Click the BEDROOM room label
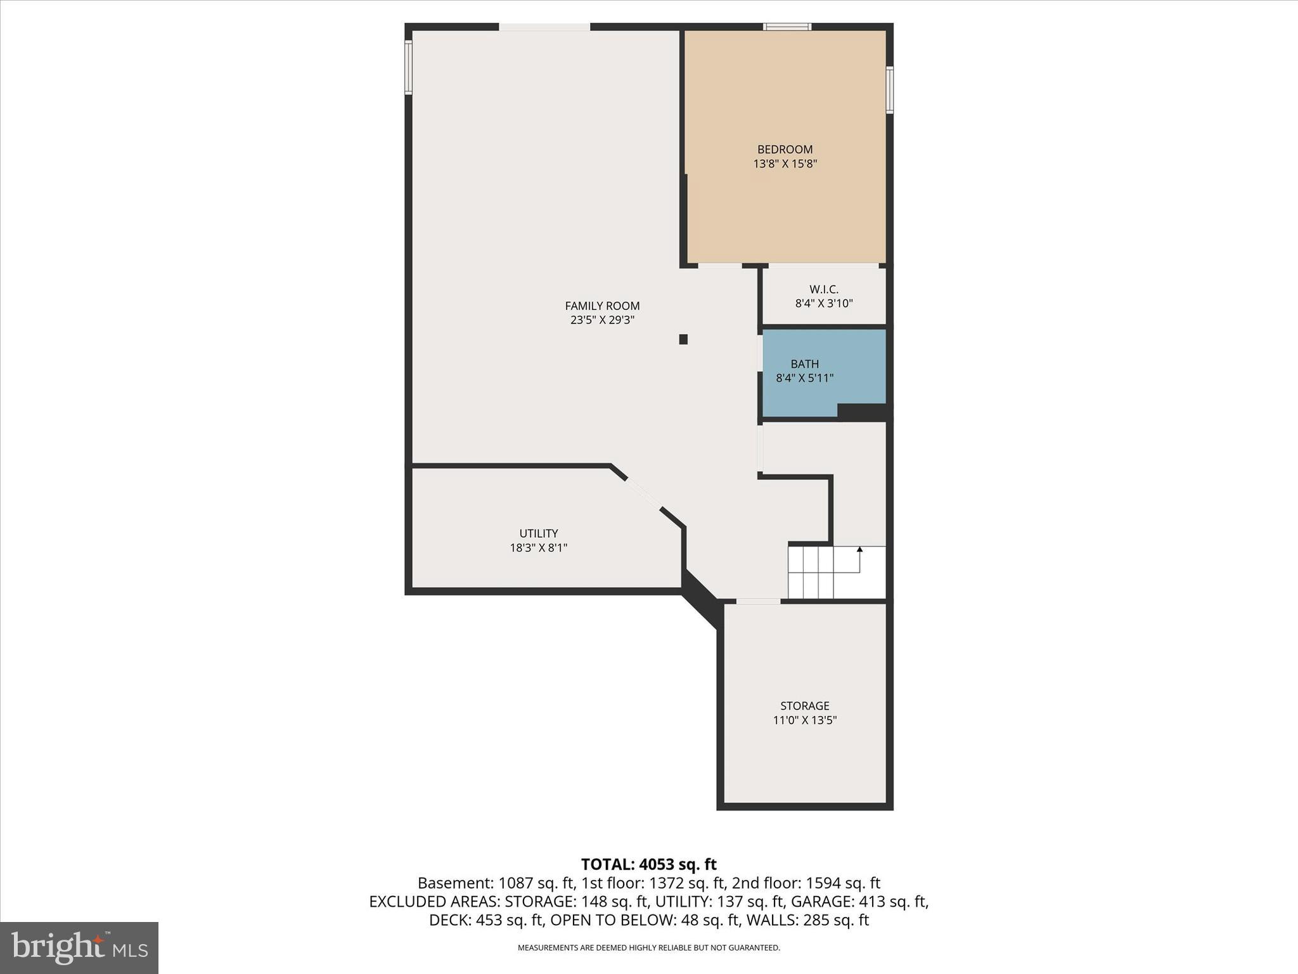tap(785, 150)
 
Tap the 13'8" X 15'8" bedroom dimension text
tap(785, 164)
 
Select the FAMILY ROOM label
tap(602, 306)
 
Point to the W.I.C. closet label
tap(823, 289)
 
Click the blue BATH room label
tap(804, 364)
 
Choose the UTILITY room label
tap(538, 533)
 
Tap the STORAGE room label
tap(804, 706)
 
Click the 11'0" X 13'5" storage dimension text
tap(804, 720)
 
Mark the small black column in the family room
tap(683, 339)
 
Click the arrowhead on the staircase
tap(859, 549)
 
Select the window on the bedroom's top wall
tap(787, 27)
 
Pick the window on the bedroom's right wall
tap(889, 90)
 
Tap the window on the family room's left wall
tap(409, 67)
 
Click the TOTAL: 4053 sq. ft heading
tap(648, 864)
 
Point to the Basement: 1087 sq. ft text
tap(495, 883)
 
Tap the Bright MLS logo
tap(79, 947)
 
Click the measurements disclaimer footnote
tap(648, 948)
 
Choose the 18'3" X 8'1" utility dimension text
tap(538, 547)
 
